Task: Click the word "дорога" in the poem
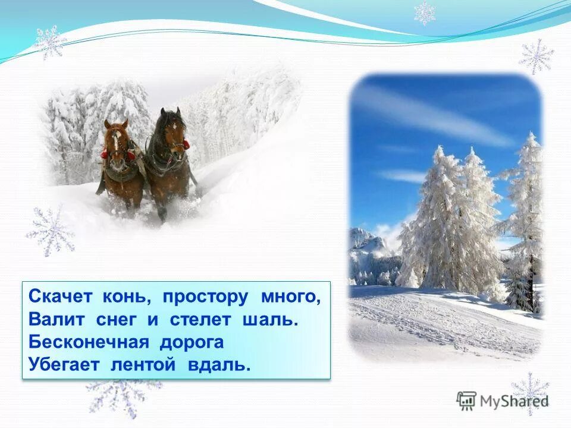(191, 342)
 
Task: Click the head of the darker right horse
(173, 134)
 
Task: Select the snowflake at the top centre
(425, 12)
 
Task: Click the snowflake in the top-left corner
(50, 42)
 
